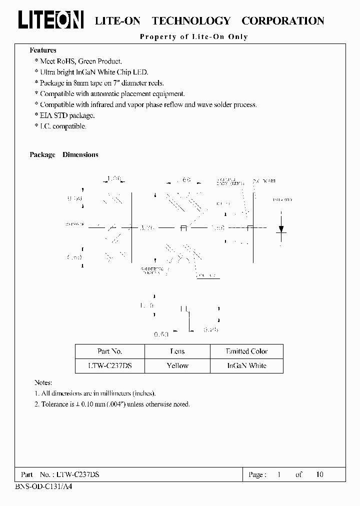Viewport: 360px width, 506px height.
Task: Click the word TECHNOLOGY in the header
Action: [190, 21]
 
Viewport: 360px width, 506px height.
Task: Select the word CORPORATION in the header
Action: [282, 21]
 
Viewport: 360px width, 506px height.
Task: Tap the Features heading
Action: [43, 50]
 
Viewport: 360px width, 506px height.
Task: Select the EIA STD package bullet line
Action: [67, 115]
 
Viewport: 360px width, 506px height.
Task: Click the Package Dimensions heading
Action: [64, 155]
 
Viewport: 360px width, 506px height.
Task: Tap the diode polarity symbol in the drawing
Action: [281, 228]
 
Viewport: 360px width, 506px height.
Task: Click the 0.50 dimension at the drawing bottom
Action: [160, 334]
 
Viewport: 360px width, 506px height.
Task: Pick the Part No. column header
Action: [109, 351]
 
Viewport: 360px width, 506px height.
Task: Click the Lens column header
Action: [177, 351]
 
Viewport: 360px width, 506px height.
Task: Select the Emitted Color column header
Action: [246, 351]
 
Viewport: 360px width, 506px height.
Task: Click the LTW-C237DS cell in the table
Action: [109, 365]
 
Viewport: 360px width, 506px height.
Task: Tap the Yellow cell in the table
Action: [177, 365]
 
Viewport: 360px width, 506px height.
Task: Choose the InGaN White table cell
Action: [246, 365]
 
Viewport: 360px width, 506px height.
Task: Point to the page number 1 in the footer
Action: [278, 474]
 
